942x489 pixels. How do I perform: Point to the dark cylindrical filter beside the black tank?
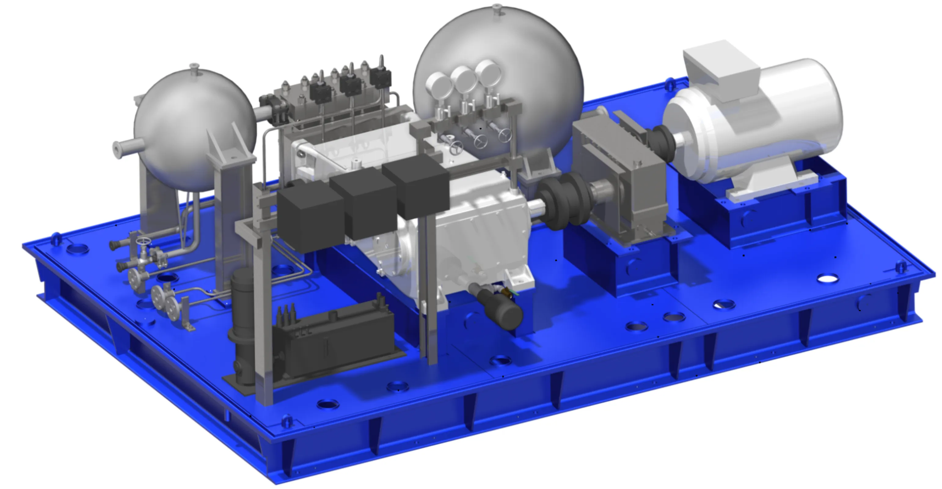click(242, 329)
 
